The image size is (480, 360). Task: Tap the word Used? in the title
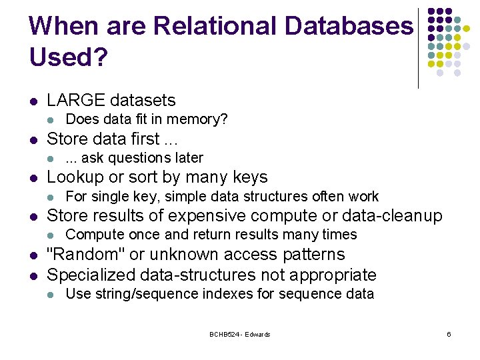pos(68,57)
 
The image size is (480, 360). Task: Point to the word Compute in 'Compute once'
pos(91,235)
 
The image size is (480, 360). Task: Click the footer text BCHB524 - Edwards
pos(240,334)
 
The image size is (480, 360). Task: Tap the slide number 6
pos(449,334)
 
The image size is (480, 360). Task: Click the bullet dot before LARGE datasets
pos(33,102)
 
